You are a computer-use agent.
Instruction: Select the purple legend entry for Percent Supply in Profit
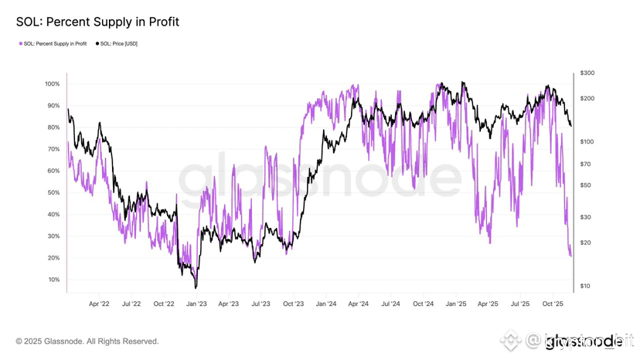point(53,44)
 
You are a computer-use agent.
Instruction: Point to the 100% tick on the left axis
point(52,83)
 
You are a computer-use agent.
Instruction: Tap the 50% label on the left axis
point(53,192)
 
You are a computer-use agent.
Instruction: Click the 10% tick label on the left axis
point(53,280)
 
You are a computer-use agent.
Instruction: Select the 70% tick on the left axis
point(53,149)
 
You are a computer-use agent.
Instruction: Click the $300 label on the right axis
point(587,73)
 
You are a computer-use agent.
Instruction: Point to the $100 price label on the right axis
point(587,141)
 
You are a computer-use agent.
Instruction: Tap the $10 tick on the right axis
point(585,287)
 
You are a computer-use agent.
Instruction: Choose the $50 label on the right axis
point(585,185)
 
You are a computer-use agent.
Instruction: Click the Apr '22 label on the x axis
point(99,304)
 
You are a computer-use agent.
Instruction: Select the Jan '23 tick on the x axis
point(196,304)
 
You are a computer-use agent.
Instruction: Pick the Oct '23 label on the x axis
point(293,304)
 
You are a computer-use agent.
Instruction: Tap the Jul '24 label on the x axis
point(390,304)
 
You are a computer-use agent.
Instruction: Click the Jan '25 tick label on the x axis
point(456,304)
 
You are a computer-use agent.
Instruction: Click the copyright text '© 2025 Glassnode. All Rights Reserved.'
point(87,341)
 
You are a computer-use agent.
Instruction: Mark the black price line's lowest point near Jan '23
point(196,287)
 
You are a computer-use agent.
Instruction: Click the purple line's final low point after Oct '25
point(571,256)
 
